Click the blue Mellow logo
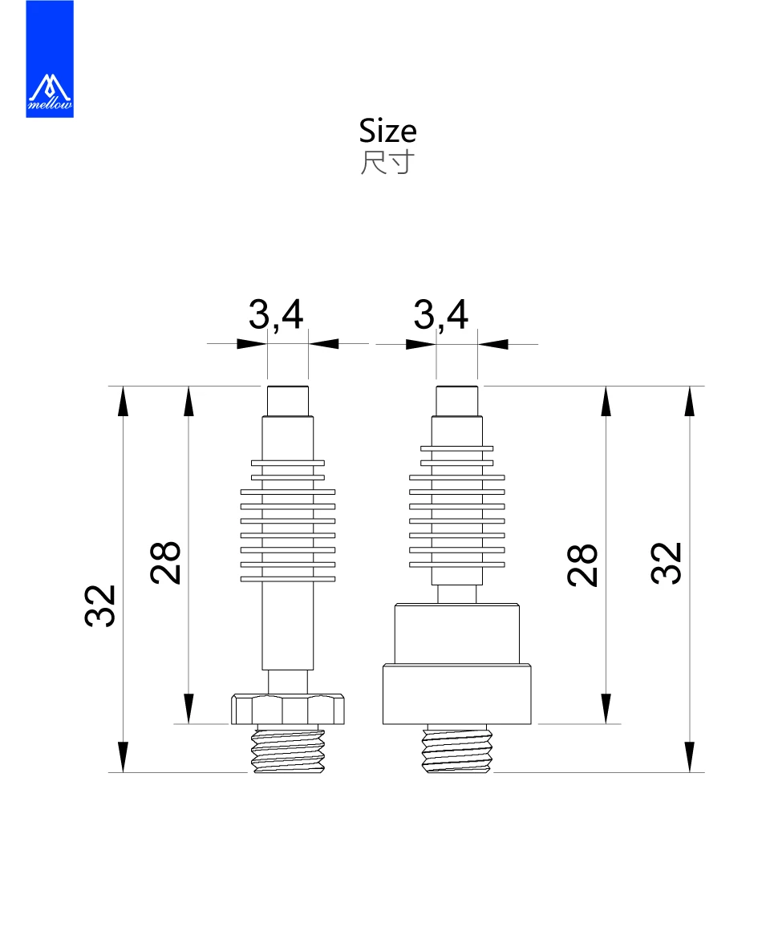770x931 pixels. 50,59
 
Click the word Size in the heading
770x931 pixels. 387,131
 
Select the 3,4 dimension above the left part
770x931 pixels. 276,314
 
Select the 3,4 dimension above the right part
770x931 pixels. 441,314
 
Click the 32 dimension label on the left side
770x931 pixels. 99,605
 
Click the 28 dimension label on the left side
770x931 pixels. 165,563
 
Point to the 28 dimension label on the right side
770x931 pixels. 582,565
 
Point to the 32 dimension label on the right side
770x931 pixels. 666,564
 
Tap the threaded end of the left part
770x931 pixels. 288,749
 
